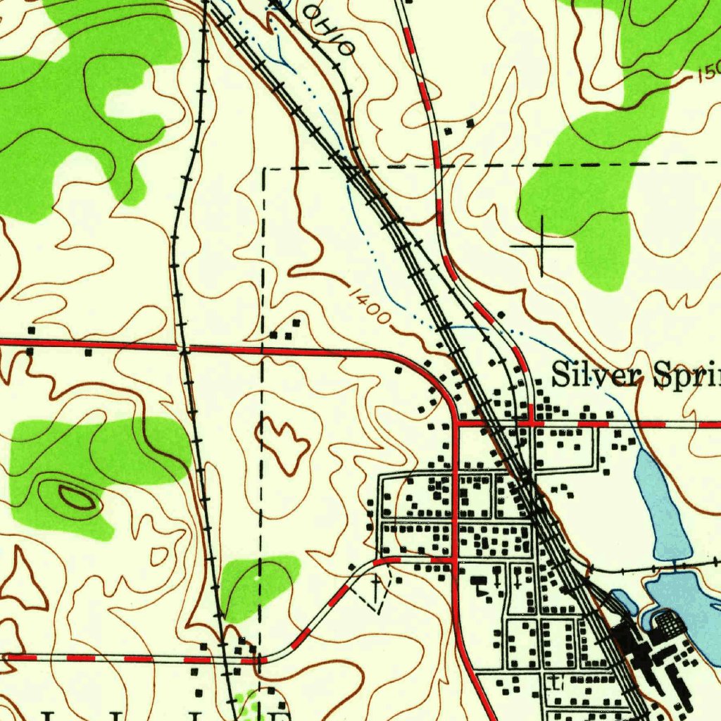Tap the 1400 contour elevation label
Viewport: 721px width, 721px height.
click(368, 303)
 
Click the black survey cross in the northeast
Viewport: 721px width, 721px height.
click(541, 246)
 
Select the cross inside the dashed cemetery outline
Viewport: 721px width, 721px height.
click(376, 584)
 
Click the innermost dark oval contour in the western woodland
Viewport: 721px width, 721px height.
click(76, 498)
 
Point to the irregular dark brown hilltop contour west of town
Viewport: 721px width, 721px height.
click(285, 444)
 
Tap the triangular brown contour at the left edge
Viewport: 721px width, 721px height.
click(25, 581)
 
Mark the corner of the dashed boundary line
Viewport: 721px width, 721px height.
click(265, 169)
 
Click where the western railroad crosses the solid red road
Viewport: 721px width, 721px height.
click(184, 348)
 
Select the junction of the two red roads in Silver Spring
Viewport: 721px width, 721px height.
click(456, 424)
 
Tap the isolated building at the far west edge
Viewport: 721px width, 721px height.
click(31, 330)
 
